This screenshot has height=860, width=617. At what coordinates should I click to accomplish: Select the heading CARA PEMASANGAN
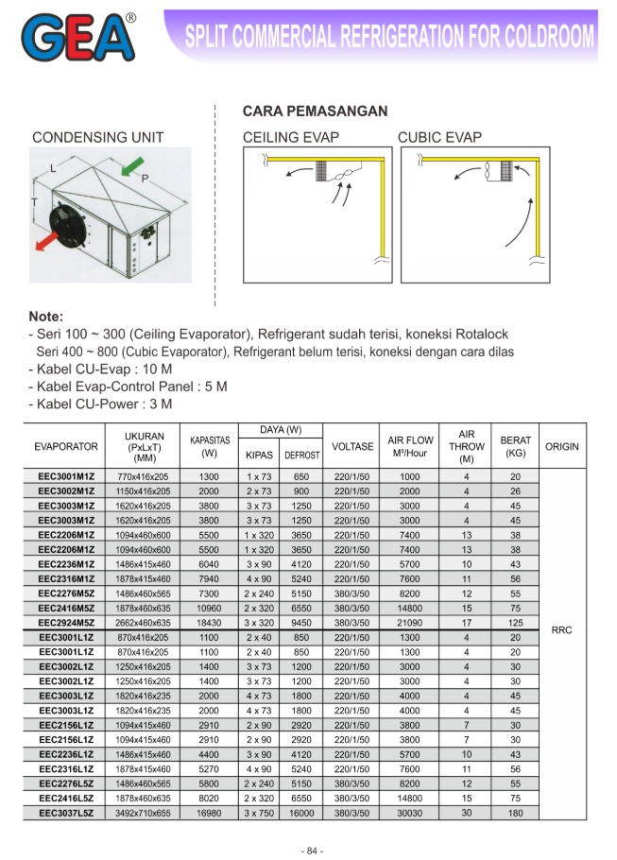coord(316,112)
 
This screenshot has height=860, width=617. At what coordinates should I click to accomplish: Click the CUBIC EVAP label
coord(439,138)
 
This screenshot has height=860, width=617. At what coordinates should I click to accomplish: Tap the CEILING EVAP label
coord(291,138)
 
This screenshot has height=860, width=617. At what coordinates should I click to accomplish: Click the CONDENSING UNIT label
coord(98,138)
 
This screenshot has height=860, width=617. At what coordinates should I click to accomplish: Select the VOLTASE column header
coord(353,446)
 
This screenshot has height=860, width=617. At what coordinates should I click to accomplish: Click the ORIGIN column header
coord(561,446)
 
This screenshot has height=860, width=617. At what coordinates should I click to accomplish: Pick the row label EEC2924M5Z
coord(66,624)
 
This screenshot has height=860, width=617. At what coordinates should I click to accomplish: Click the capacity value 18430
coord(209,624)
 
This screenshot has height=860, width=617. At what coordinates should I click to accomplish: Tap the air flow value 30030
coord(409,813)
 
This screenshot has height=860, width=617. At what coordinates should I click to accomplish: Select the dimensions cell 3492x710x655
coord(145,813)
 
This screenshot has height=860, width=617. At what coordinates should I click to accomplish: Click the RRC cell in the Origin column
coord(561,629)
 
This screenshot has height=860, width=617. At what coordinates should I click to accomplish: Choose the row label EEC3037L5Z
coord(66,813)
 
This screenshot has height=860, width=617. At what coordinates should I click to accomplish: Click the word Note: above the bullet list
coord(46,317)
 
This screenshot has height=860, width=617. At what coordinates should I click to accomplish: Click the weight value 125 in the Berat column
coord(515,624)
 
